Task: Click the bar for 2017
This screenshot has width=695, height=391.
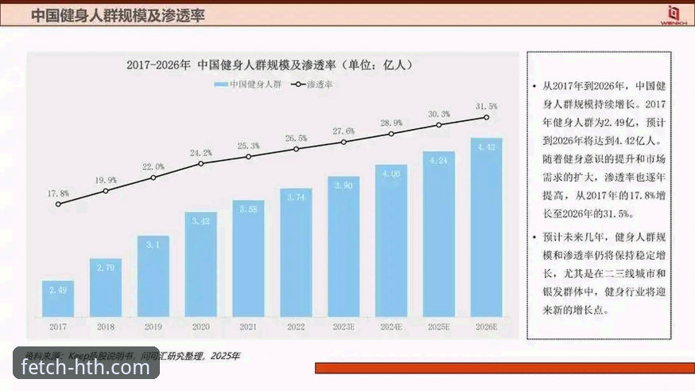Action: tap(58, 299)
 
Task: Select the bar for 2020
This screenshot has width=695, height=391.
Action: tap(201, 264)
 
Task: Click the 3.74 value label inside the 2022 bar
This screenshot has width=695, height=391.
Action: tap(296, 197)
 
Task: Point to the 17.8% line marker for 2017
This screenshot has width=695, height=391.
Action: tap(58, 204)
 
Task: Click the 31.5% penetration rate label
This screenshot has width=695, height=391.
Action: tap(486, 106)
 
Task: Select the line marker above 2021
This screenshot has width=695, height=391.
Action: tap(248, 156)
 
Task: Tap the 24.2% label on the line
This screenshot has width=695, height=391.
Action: tap(200, 152)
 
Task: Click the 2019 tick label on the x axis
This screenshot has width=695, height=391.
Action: tap(153, 326)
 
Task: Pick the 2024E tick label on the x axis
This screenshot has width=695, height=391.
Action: tap(391, 326)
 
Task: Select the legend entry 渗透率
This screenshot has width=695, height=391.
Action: tap(318, 84)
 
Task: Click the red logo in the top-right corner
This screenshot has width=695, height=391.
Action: tap(673, 14)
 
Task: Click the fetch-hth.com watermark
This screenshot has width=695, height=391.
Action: tap(86, 367)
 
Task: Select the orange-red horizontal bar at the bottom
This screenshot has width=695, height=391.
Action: tap(504, 368)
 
